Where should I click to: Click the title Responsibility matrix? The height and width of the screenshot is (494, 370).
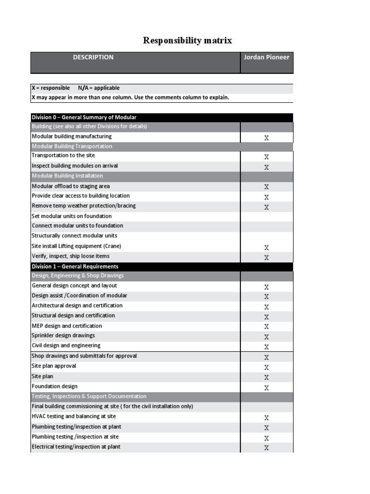(x=187, y=41)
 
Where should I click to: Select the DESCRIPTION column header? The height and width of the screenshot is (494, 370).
(x=93, y=57)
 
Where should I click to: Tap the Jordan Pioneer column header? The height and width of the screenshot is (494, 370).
(x=266, y=57)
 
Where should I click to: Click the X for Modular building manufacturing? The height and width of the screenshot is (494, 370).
(x=266, y=137)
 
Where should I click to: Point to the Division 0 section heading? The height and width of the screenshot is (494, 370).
(x=84, y=117)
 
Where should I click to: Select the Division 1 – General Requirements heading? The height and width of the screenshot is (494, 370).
(x=75, y=266)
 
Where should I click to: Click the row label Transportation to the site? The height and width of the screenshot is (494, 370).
(x=63, y=156)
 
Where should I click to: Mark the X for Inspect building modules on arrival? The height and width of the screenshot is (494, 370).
(x=266, y=167)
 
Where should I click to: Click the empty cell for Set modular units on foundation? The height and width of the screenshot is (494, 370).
(x=266, y=216)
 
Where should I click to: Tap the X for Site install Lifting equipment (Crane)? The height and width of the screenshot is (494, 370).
(x=266, y=247)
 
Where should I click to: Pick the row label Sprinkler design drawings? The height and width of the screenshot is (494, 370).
(x=63, y=335)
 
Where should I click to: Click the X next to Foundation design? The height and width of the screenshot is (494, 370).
(x=266, y=387)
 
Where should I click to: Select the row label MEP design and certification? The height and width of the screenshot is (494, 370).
(x=66, y=326)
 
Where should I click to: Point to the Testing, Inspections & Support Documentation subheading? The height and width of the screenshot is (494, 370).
(x=89, y=397)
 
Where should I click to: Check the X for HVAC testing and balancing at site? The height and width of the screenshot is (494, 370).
(x=266, y=418)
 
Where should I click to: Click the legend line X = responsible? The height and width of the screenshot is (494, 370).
(x=51, y=88)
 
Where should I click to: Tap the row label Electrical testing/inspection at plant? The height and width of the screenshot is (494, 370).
(x=76, y=447)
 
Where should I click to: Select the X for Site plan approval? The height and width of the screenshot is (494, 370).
(x=266, y=367)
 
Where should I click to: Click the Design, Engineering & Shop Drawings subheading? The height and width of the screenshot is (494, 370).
(x=78, y=276)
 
